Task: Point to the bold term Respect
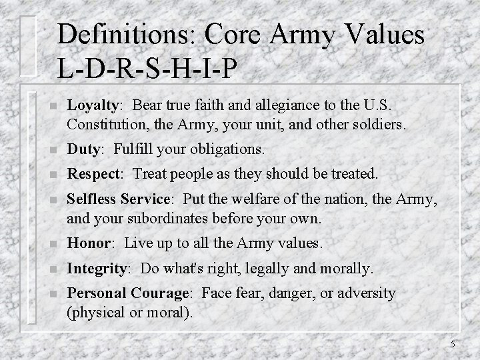(93, 175)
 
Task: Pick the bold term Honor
(87, 245)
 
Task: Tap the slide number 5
(452, 344)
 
